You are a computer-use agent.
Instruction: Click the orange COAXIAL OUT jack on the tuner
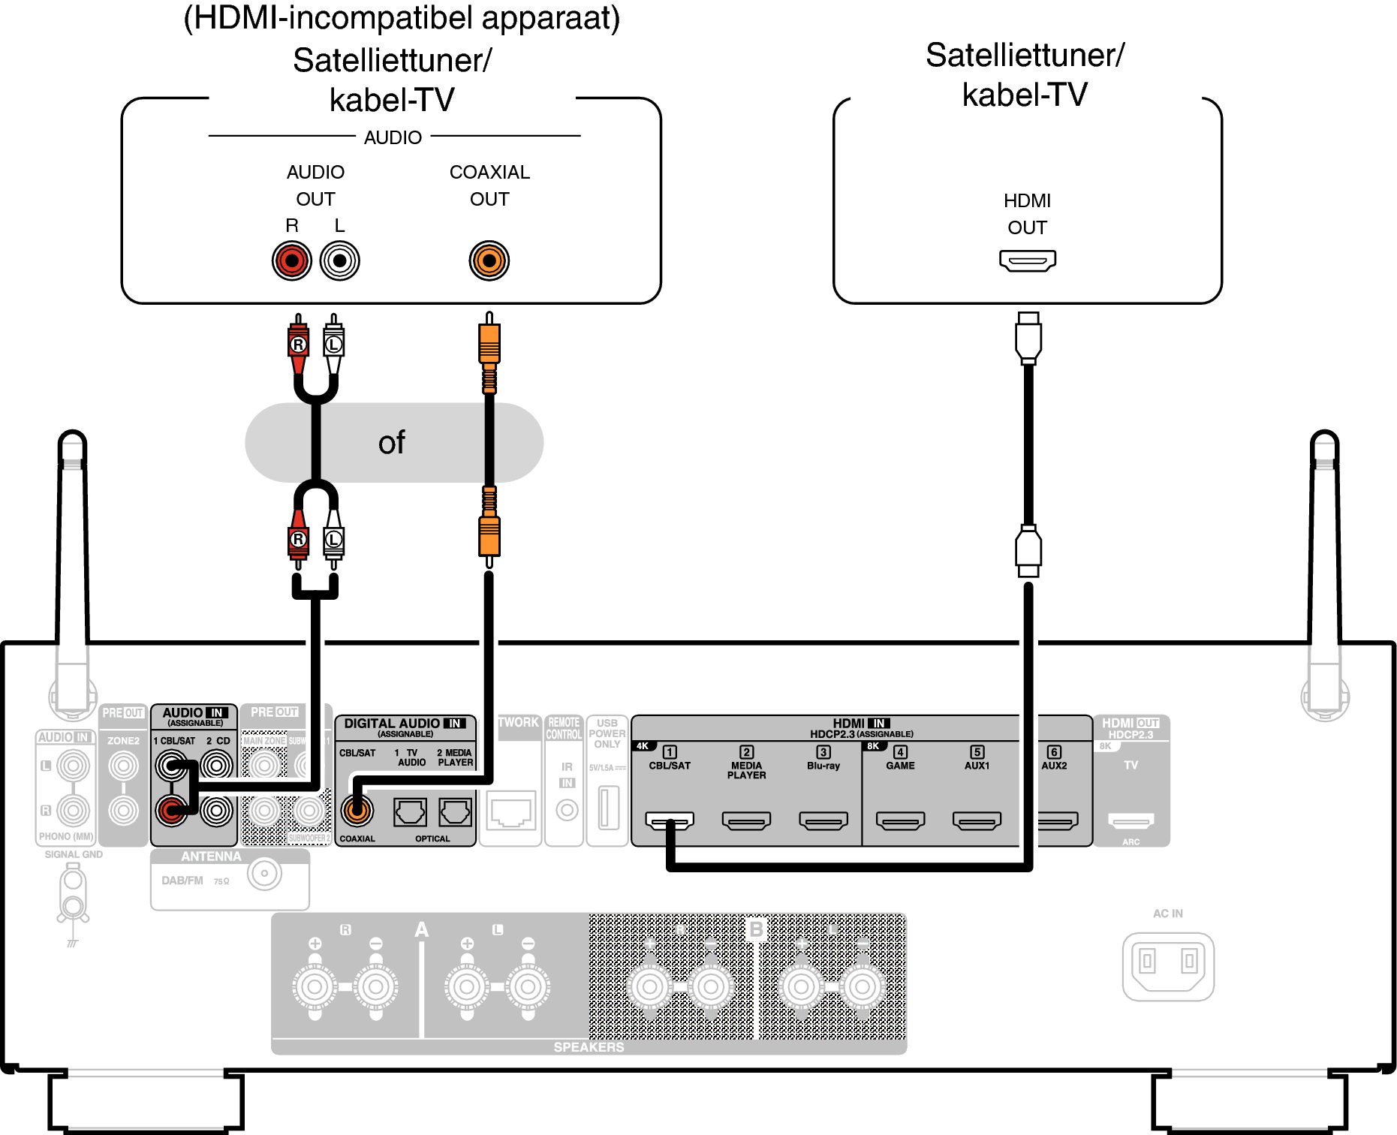coord(489,260)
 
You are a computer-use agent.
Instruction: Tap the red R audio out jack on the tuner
coord(291,260)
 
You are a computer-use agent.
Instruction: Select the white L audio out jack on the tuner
coord(339,260)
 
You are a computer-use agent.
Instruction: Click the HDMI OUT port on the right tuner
coord(1027,260)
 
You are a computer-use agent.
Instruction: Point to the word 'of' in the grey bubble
coord(391,443)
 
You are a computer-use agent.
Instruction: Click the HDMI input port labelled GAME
coord(900,820)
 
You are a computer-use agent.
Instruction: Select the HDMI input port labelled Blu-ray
coord(823,820)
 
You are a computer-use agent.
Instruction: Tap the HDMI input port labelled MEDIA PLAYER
coord(746,820)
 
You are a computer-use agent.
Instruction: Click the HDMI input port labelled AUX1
coord(977,820)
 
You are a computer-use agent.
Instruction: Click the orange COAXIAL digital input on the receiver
coord(357,810)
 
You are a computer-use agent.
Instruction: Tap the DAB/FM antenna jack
coord(264,874)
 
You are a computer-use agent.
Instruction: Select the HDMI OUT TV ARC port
coord(1131,820)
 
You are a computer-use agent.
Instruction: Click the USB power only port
coord(608,807)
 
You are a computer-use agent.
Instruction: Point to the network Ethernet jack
coord(510,811)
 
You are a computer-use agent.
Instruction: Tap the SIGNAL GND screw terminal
coord(73,893)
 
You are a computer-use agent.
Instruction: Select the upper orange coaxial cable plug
coord(489,344)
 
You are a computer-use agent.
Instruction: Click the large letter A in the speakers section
coord(421,930)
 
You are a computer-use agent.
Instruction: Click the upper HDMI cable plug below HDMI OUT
coord(1028,338)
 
